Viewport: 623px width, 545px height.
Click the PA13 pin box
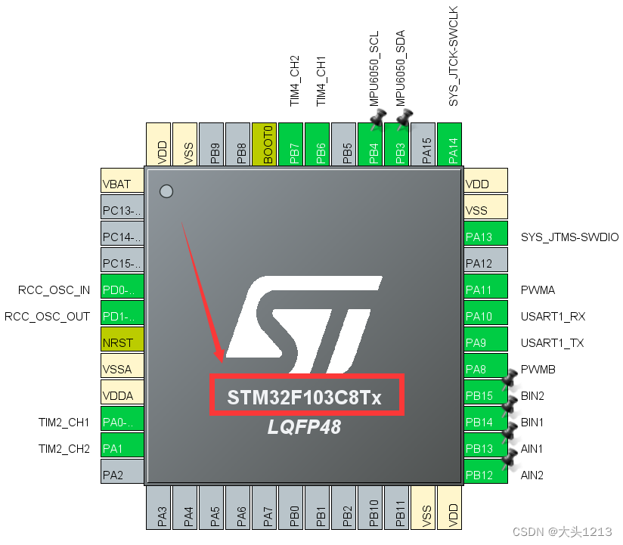[x=485, y=237]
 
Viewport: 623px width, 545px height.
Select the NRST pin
[x=122, y=342]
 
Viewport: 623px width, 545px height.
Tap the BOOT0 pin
[x=265, y=144]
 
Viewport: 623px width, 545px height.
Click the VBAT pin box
[x=122, y=184]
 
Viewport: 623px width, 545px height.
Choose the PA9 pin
[x=485, y=342]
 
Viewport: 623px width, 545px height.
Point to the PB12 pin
[x=485, y=475]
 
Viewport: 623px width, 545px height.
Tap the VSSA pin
[x=122, y=369]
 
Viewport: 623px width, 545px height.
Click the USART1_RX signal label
[x=553, y=317]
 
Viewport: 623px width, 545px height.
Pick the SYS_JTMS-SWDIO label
[x=569, y=237]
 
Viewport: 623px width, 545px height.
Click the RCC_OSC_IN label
[x=54, y=290]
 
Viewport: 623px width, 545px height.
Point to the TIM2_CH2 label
[x=64, y=449]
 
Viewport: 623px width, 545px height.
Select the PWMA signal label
[x=538, y=290]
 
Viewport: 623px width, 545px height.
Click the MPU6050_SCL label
[x=374, y=70]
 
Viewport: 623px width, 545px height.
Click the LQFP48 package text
[x=304, y=427]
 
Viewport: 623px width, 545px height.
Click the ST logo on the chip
[x=303, y=317]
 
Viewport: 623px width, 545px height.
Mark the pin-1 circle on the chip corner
[x=166, y=192]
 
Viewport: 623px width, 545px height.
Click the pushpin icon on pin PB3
[x=404, y=118]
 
